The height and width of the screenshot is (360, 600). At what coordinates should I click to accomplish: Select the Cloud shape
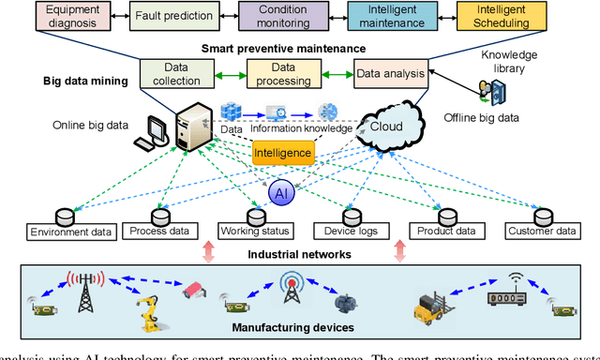[x=378, y=127]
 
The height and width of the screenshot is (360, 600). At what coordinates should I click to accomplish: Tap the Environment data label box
[x=71, y=232]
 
